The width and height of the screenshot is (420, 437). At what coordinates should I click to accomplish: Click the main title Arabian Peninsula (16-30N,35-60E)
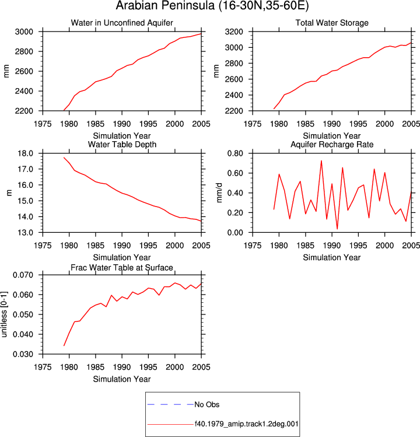tap(212, 6)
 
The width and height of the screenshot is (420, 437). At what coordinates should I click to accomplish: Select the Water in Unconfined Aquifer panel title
tap(122, 23)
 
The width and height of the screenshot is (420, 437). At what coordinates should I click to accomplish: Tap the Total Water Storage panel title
tap(332, 23)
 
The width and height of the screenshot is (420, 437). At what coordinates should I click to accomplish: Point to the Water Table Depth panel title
tap(122, 144)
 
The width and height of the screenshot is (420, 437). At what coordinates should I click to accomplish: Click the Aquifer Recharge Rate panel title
tap(332, 144)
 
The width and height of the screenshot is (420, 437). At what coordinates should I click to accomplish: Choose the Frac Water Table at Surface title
tap(122, 268)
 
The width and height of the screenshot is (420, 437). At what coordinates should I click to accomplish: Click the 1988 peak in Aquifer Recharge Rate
tap(321, 161)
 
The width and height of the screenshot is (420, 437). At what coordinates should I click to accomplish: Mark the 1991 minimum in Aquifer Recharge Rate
tap(337, 229)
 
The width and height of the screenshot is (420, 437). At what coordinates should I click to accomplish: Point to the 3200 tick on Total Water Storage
tap(234, 32)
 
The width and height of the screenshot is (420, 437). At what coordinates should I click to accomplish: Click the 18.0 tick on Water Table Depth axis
tap(25, 153)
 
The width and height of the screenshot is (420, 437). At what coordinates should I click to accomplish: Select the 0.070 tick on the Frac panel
tap(23, 275)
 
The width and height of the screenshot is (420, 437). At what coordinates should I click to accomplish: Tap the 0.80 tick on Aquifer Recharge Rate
tap(235, 153)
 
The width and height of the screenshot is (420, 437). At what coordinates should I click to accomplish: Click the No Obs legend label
tap(207, 404)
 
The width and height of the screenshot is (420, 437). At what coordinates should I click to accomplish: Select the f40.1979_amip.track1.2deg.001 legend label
tap(246, 424)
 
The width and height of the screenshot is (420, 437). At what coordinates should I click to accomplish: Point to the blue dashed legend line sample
tap(170, 404)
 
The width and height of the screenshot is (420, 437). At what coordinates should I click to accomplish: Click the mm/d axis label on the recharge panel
tap(219, 193)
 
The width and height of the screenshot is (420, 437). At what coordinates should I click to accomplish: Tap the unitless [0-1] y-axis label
tap(4, 314)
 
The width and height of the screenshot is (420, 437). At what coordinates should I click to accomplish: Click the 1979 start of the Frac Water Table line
tap(64, 346)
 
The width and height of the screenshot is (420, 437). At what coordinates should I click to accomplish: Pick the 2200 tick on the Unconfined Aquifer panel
tap(24, 111)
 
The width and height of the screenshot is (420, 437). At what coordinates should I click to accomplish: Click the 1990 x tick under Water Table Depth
tap(122, 246)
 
